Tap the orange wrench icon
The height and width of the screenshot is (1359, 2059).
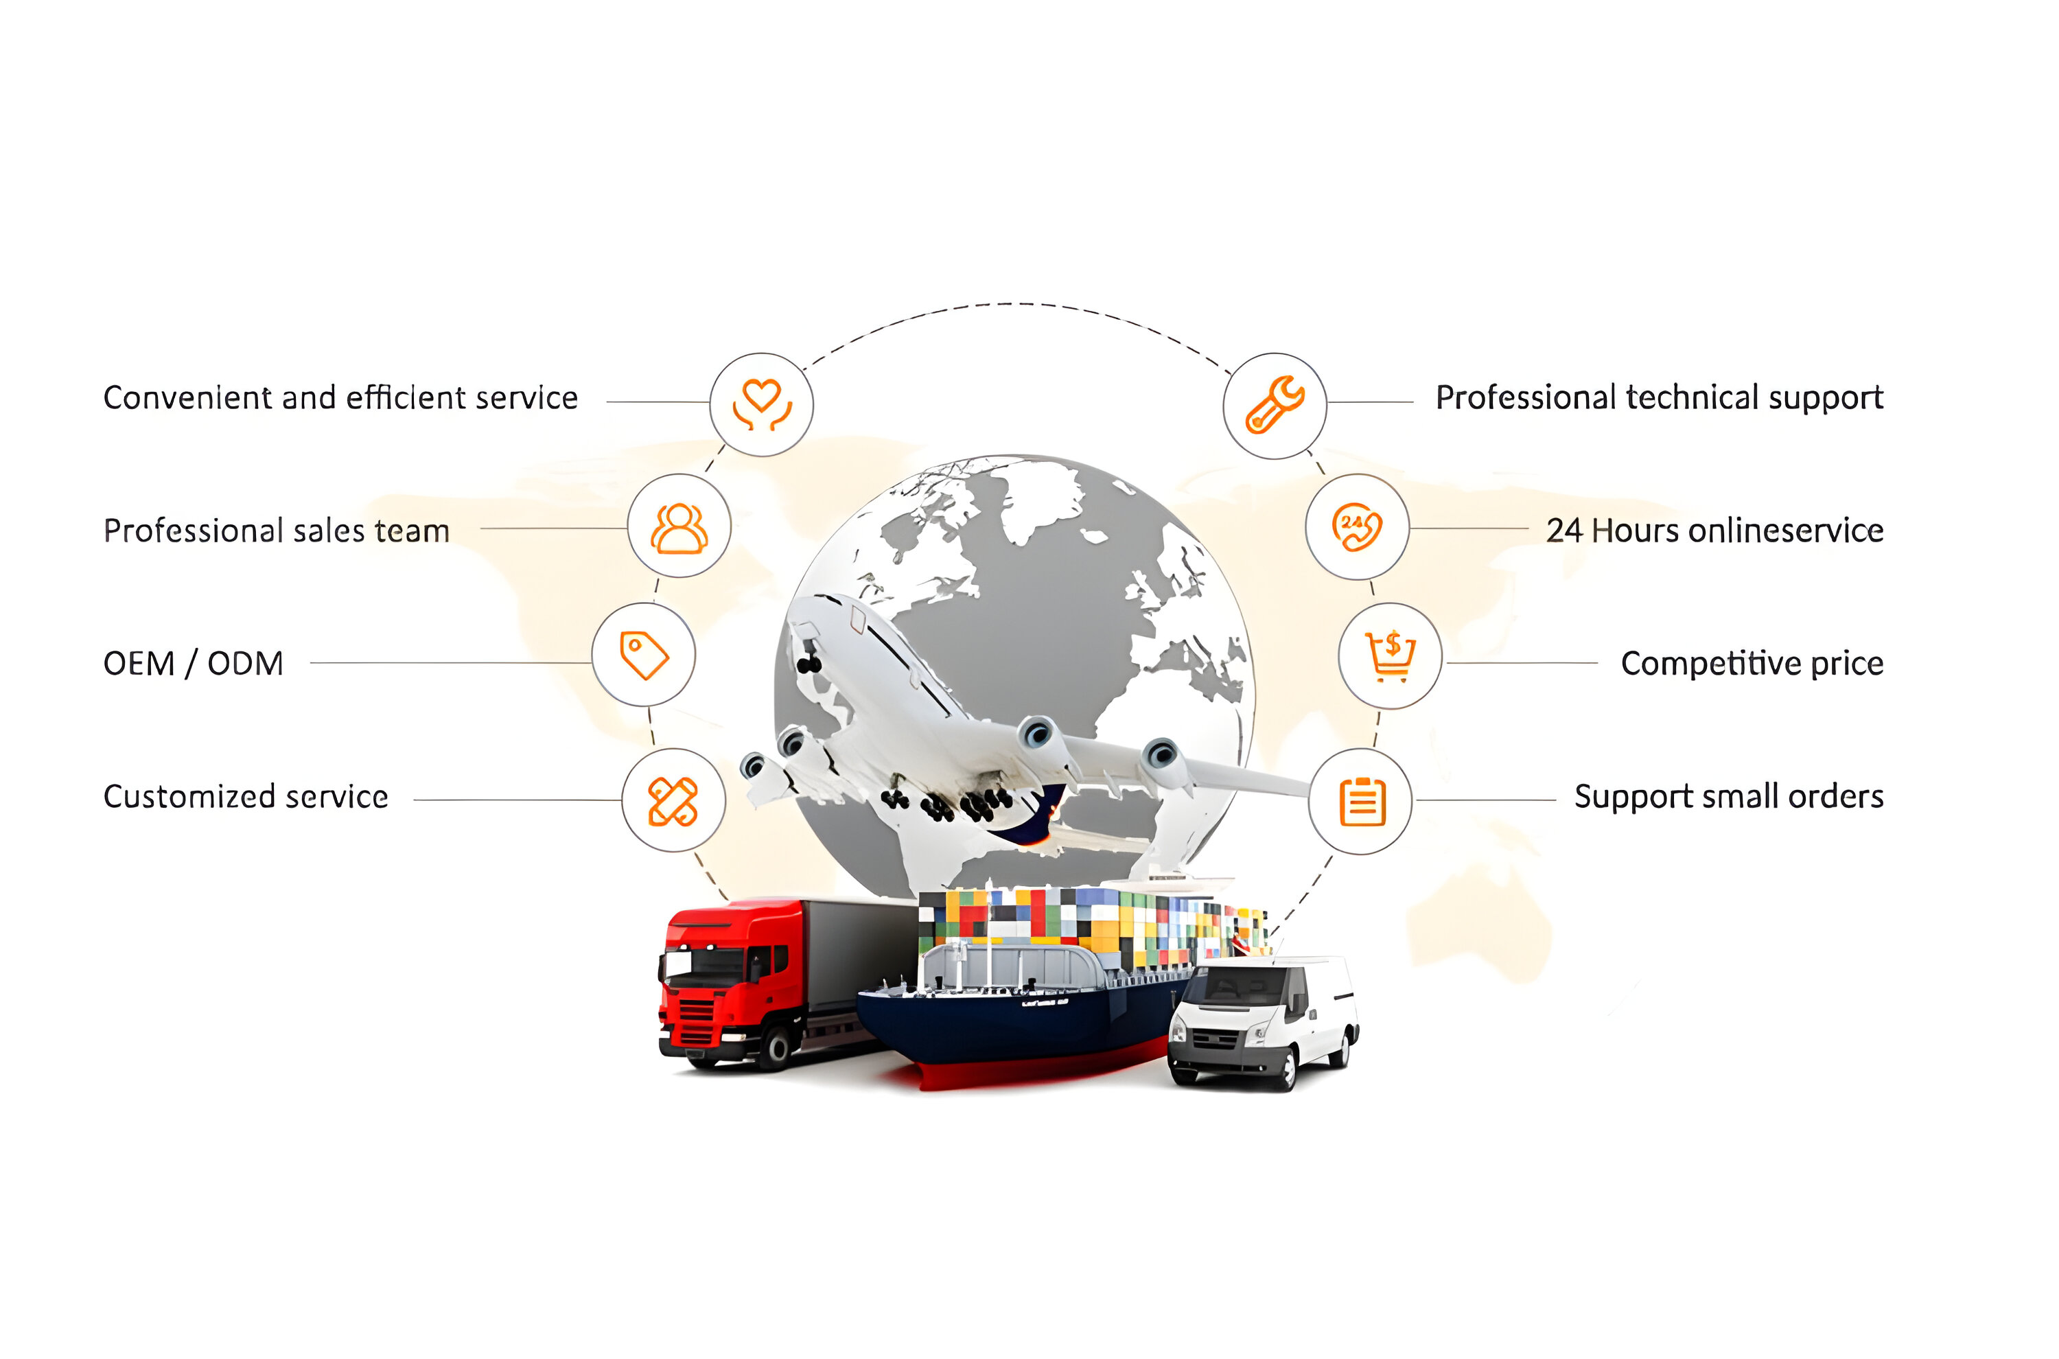(x=1274, y=405)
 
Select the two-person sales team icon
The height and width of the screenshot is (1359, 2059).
(x=679, y=527)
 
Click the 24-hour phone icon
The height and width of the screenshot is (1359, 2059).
(x=1356, y=527)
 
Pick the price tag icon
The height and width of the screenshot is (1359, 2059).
(x=643, y=655)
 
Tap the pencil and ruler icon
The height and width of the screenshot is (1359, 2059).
(x=673, y=801)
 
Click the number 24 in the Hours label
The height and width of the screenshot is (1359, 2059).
(x=1564, y=531)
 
